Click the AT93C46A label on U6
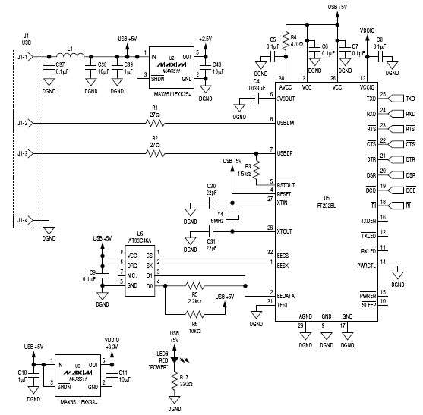click(139, 239)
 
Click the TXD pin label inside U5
click(370, 99)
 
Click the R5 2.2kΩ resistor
click(195, 286)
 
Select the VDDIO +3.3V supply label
click(111, 344)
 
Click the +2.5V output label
click(206, 38)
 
